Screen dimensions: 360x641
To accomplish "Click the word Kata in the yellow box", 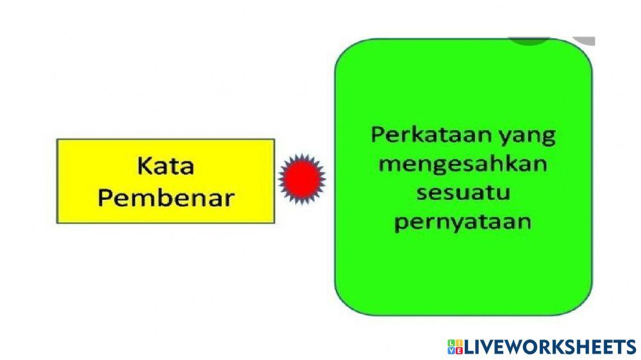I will pyautogui.click(x=165, y=167).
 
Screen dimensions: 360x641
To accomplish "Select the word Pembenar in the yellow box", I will pyautogui.click(x=165, y=197).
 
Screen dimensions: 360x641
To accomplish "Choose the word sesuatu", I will pyautogui.click(x=463, y=192).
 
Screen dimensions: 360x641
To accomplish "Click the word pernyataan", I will pyautogui.click(x=463, y=222).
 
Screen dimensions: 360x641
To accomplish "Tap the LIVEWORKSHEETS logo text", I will pyautogui.click(x=549, y=347).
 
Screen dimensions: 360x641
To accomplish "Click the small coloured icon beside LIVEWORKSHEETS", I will pyautogui.click(x=454, y=347).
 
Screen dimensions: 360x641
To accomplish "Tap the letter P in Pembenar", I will pyautogui.click(x=104, y=197).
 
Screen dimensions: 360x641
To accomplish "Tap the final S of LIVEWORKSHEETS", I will pyautogui.click(x=630, y=347).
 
